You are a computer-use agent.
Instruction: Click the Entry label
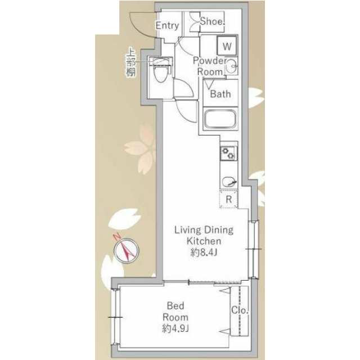click(x=166, y=25)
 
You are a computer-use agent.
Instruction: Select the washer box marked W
click(x=227, y=44)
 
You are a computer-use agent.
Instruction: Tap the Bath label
click(x=220, y=94)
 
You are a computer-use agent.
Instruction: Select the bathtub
click(x=221, y=120)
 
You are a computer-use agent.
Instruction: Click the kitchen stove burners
click(x=228, y=152)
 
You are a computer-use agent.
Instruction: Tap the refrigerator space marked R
click(x=229, y=199)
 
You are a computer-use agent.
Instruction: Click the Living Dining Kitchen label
click(x=203, y=236)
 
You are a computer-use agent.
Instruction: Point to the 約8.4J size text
click(x=204, y=253)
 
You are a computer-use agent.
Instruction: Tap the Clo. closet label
click(x=240, y=310)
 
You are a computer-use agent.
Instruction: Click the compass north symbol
click(x=127, y=249)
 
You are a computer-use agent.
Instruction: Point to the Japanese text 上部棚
click(x=130, y=64)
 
